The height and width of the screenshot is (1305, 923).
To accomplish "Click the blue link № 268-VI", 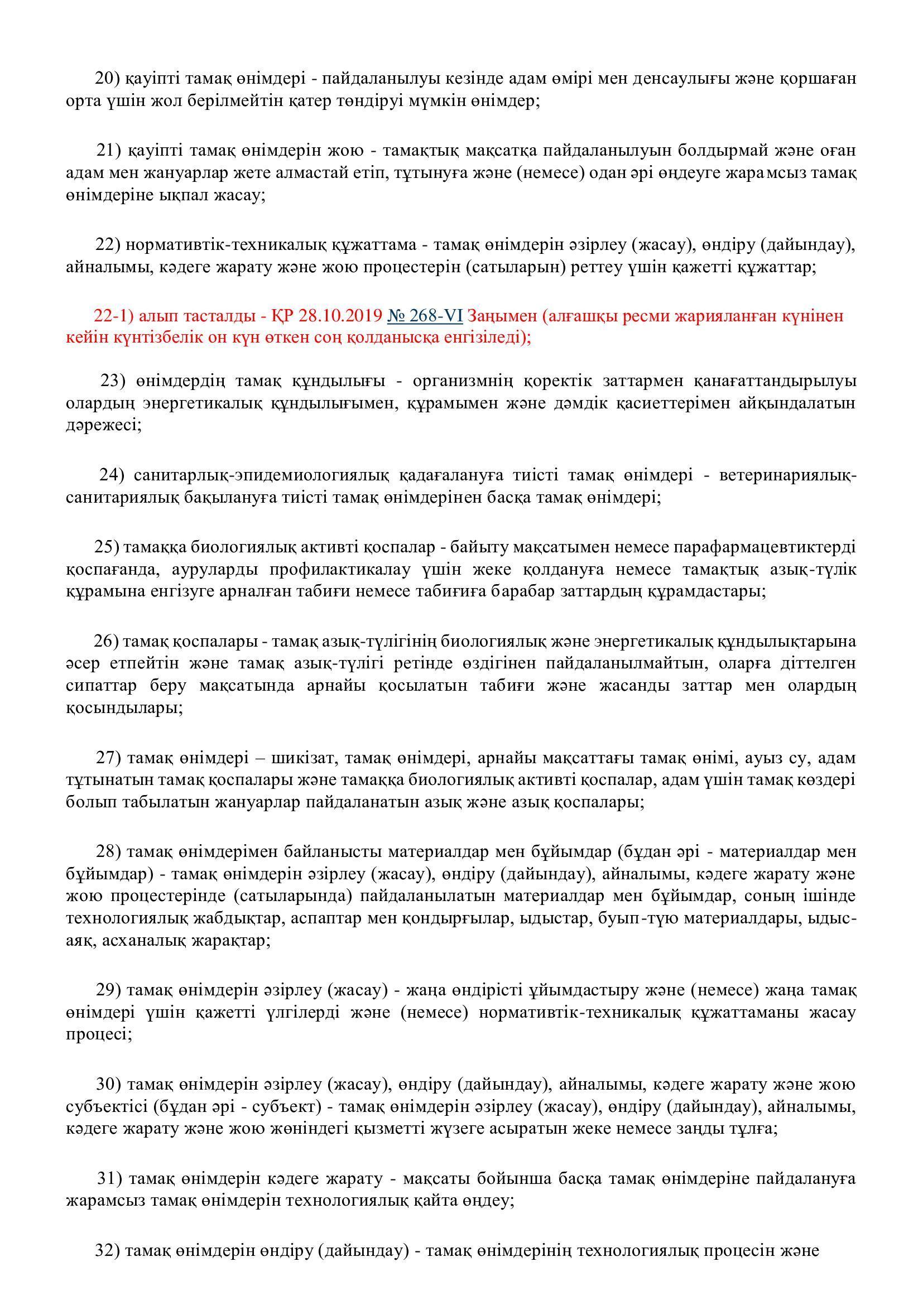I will point(425,316).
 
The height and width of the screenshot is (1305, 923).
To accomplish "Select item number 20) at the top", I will point(106,79).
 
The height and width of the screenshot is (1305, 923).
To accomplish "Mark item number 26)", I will point(106,641).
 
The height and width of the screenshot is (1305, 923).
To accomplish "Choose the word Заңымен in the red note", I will point(502,316).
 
